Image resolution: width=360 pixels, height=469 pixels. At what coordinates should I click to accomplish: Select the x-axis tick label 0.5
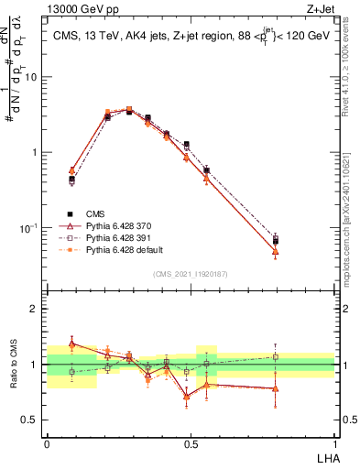click(190, 443)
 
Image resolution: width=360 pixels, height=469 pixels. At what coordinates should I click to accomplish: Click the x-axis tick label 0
click(47, 443)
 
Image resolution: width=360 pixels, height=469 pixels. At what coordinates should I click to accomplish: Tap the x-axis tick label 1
click(333, 443)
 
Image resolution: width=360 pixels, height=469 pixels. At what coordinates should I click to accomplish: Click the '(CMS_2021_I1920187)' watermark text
click(191, 272)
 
